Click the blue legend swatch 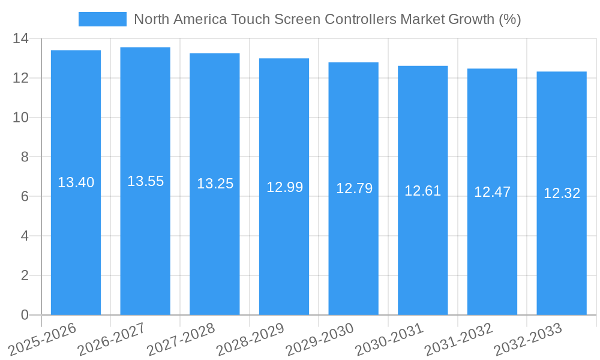coord(103,19)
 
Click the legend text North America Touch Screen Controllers coord(327,19)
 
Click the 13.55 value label coord(145,181)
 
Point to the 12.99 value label coord(284,187)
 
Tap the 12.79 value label coord(354,188)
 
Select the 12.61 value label coord(422,191)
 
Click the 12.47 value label coord(492,192)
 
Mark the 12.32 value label coord(562,193)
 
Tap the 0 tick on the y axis coord(25,315)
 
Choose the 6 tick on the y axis coord(25,197)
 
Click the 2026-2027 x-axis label coord(112,339)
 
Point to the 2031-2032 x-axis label coord(458,339)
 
